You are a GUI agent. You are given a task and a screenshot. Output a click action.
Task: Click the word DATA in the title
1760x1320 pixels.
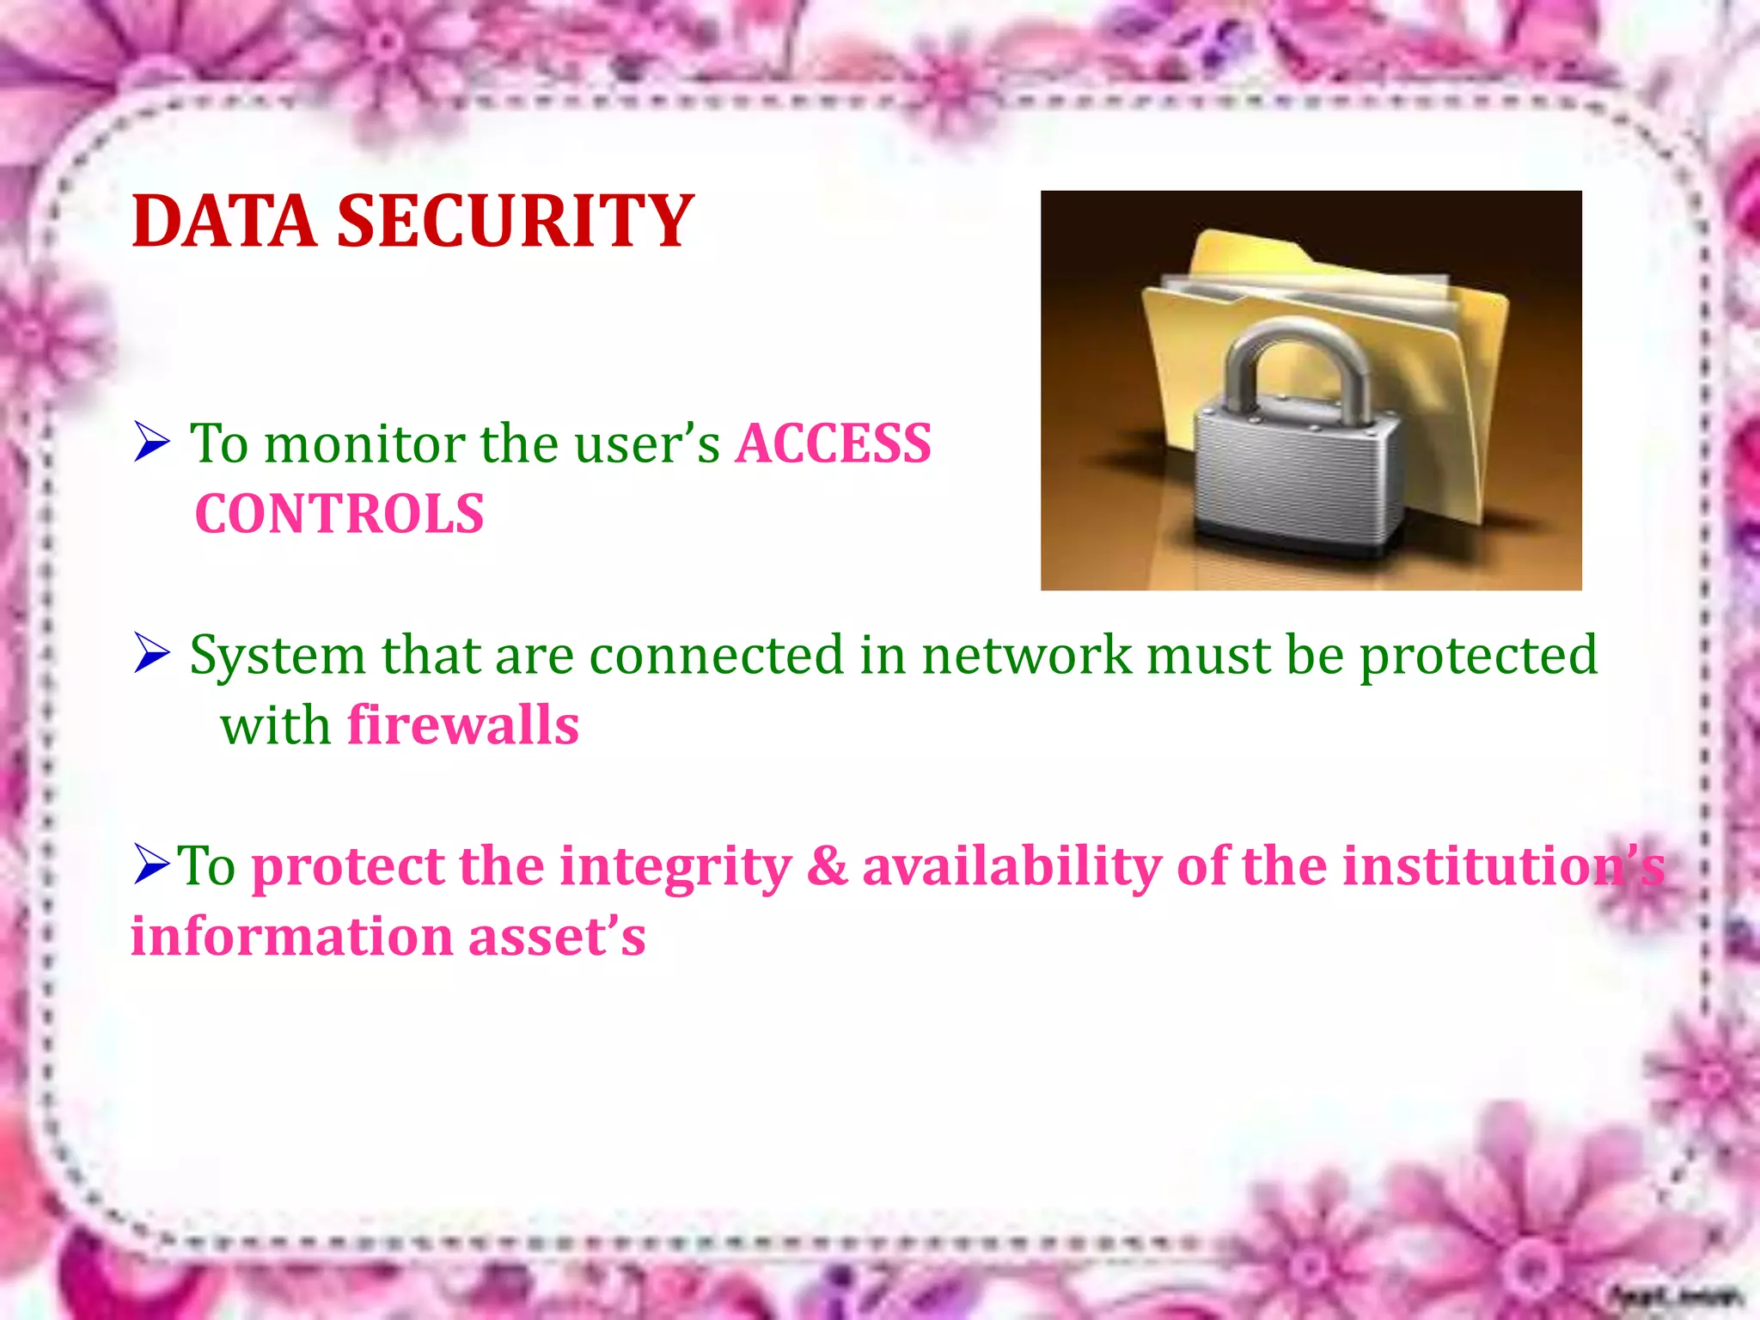(x=224, y=222)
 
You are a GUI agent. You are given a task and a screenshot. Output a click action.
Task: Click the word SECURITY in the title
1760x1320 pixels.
(x=515, y=222)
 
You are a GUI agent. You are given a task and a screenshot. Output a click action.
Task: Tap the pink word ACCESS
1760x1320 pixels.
(x=833, y=444)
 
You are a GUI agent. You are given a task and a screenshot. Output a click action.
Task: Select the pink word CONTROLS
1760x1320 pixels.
(x=339, y=515)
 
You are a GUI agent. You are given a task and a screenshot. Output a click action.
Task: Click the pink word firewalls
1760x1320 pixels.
(x=463, y=725)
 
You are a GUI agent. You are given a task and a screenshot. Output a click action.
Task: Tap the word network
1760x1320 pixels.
(x=1027, y=655)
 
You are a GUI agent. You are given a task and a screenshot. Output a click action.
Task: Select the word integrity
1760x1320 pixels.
(x=675, y=866)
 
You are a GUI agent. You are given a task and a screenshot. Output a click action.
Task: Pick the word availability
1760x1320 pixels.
(x=1011, y=866)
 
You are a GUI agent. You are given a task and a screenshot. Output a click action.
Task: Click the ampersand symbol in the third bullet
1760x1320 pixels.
(x=827, y=866)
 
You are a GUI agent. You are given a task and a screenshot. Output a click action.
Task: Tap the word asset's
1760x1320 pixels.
(x=557, y=936)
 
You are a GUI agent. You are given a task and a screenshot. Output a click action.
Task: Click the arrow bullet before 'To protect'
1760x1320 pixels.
(x=152, y=864)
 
